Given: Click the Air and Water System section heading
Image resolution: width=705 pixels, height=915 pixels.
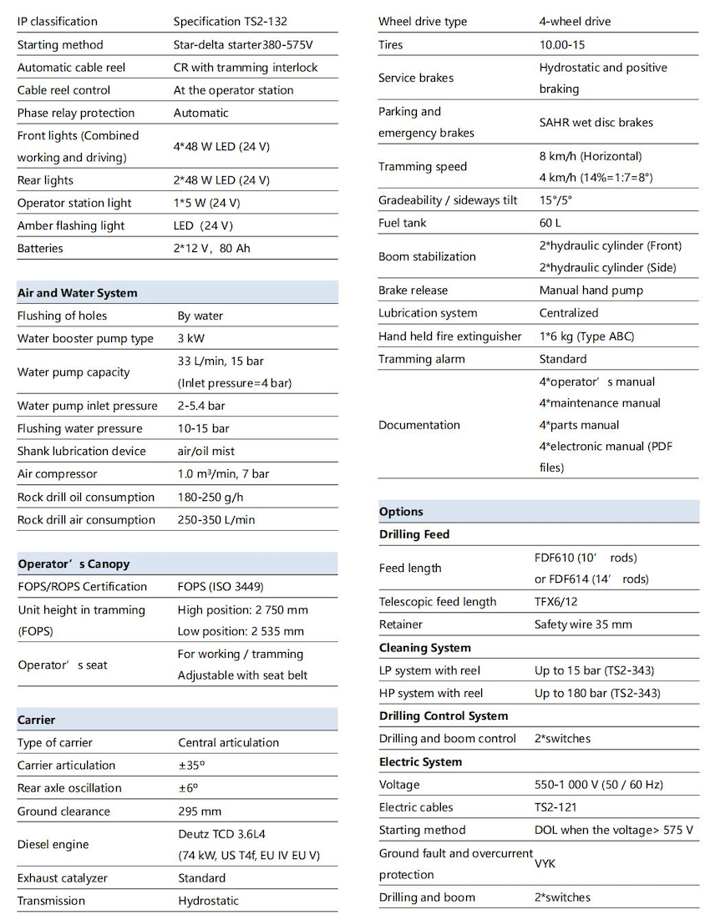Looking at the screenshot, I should click(x=77, y=293).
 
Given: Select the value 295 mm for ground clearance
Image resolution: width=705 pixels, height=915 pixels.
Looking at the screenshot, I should click(x=200, y=811).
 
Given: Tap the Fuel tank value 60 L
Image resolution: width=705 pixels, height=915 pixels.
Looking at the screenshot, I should click(x=550, y=223).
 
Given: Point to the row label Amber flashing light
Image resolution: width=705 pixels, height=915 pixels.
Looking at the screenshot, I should click(x=71, y=225).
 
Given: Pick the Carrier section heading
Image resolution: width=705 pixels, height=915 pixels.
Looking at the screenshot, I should click(x=36, y=720).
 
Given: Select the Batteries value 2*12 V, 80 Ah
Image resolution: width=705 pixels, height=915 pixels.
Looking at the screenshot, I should click(x=211, y=248).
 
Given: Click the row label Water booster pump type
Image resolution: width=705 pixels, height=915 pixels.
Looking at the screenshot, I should click(x=85, y=338).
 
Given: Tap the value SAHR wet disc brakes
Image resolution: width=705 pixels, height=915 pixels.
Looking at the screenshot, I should click(x=596, y=122).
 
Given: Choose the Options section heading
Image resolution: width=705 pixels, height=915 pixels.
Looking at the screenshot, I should click(x=401, y=512).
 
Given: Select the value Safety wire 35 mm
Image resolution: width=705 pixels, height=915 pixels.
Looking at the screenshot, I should click(x=583, y=624).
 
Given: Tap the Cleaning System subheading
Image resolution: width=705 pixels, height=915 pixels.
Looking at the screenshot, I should click(x=424, y=648).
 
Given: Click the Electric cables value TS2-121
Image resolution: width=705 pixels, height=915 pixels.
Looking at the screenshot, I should click(x=555, y=807).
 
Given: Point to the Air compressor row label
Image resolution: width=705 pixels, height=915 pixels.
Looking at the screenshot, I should click(x=57, y=473).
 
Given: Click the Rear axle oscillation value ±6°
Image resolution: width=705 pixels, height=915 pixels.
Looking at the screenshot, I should click(x=188, y=787).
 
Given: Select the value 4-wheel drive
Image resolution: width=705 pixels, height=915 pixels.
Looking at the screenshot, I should click(x=575, y=21).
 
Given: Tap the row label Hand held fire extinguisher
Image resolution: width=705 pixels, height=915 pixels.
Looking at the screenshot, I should click(x=449, y=336).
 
